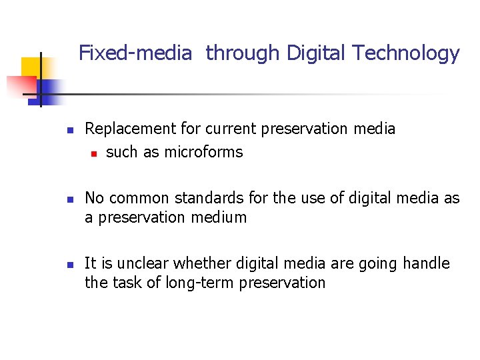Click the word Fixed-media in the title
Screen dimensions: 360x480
tap(135, 53)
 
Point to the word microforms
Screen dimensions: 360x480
tap(203, 152)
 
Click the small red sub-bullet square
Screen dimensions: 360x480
tap(94, 153)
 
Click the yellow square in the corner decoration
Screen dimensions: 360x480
tap(31, 67)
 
